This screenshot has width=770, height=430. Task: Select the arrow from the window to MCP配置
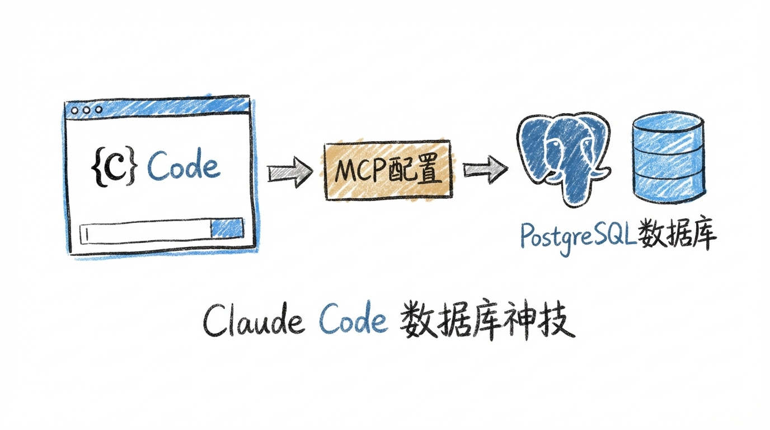pyautogui.click(x=289, y=172)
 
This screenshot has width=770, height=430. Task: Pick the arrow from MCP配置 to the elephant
pyautogui.click(x=485, y=171)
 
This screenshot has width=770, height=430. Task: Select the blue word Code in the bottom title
pyautogui.click(x=353, y=322)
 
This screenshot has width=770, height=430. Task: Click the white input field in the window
pyautogui.click(x=145, y=233)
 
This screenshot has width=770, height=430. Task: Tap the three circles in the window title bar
pyautogui.click(x=86, y=110)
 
